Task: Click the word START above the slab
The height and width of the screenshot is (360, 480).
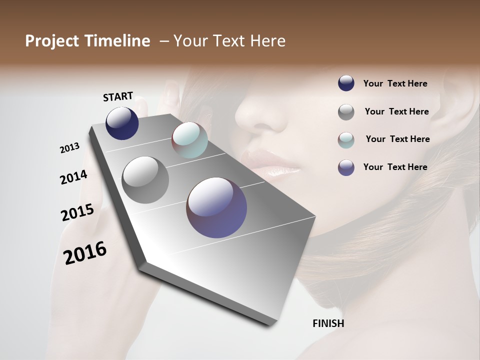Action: click(x=118, y=96)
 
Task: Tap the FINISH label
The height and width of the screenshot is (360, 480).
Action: click(x=328, y=323)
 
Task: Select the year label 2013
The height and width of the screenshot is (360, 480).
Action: click(x=69, y=148)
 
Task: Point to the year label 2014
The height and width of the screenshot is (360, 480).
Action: click(x=73, y=177)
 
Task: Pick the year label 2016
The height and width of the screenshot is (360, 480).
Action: click(x=85, y=253)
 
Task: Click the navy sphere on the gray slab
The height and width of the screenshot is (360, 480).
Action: click(x=122, y=123)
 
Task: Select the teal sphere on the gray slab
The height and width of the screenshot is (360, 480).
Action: click(x=189, y=140)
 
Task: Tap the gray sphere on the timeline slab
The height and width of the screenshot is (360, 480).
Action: click(x=145, y=180)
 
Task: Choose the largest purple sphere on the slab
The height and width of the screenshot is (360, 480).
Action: click(x=216, y=207)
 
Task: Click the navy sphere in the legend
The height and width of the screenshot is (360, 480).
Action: click(x=346, y=83)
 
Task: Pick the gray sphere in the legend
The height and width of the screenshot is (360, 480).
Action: click(x=346, y=112)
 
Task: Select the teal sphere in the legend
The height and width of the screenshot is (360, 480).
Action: click(x=346, y=140)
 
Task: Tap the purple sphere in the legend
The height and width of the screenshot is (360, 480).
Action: click(x=346, y=167)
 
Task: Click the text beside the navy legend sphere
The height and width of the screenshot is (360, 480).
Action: click(x=395, y=84)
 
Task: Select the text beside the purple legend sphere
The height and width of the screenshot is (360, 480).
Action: click(x=395, y=167)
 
